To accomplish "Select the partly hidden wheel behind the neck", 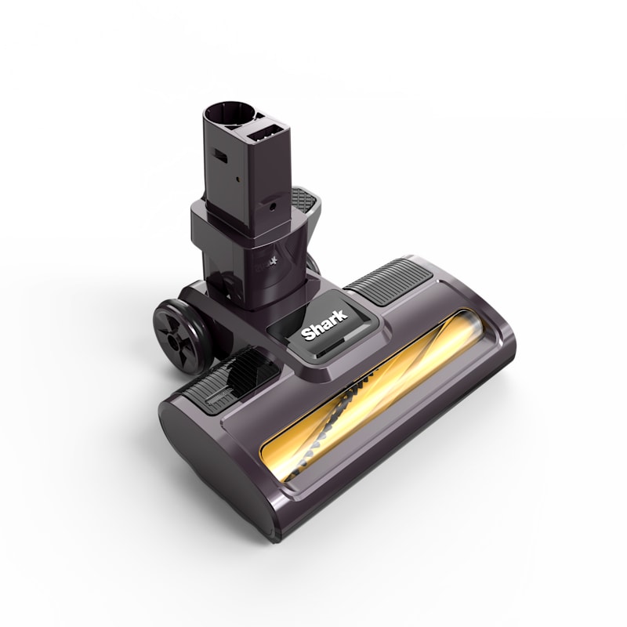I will point(313,263).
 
